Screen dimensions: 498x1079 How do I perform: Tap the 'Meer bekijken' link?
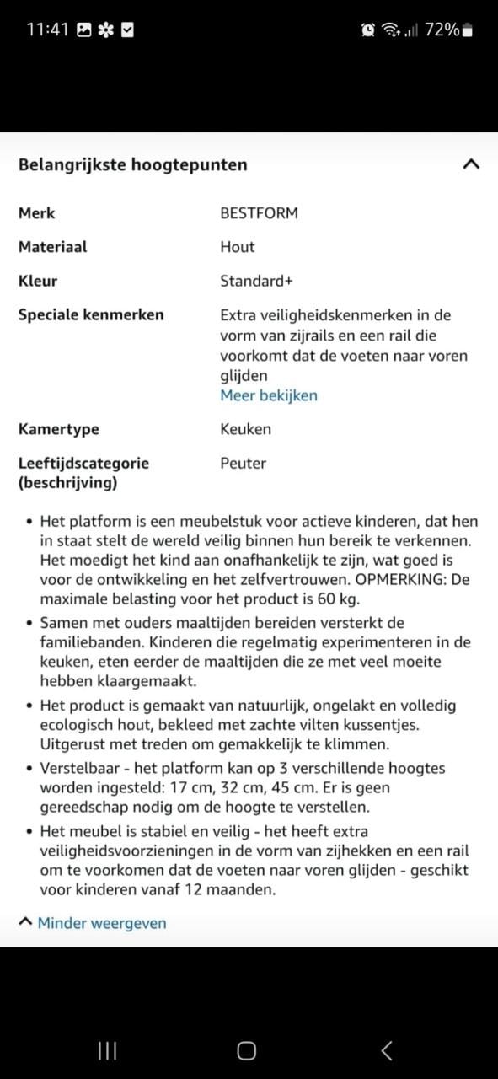click(x=268, y=395)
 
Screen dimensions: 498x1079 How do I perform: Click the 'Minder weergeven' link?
click(x=101, y=923)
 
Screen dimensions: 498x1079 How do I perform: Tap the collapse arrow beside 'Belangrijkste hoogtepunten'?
click(x=471, y=164)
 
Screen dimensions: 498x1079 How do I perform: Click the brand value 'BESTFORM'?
click(x=259, y=213)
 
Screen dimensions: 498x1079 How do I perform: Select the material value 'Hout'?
click(x=237, y=247)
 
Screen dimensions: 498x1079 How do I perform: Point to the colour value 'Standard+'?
click(x=256, y=281)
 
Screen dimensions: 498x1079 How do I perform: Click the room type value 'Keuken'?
click(x=245, y=429)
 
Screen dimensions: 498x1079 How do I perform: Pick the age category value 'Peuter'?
click(x=243, y=463)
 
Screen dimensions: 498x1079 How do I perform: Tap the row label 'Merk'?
click(x=36, y=213)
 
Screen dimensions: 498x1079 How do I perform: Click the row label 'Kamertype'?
click(x=58, y=429)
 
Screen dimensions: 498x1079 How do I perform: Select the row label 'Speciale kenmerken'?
click(x=91, y=314)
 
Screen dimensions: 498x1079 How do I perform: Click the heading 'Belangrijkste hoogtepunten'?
click(x=132, y=164)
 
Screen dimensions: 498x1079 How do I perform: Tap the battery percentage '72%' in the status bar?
click(x=442, y=30)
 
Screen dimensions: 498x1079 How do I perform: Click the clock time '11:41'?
click(x=47, y=30)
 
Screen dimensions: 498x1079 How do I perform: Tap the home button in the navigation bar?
click(x=246, y=1050)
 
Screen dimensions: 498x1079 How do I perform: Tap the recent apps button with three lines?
click(x=107, y=1050)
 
